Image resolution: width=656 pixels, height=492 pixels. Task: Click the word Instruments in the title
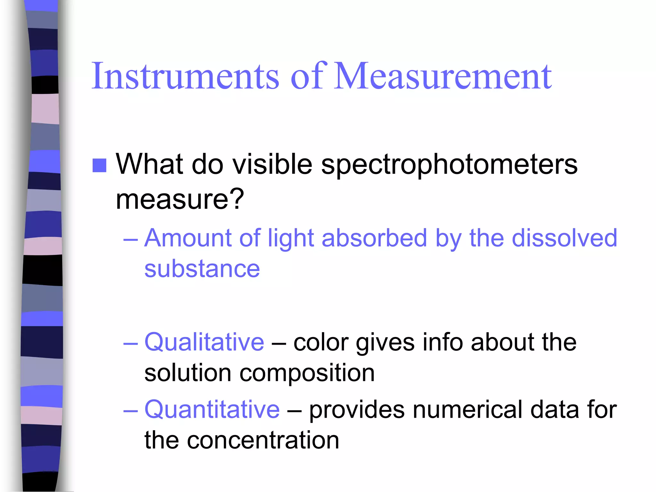[185, 76]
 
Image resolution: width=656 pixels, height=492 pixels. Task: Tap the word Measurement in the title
[443, 76]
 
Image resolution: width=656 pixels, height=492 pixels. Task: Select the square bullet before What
[99, 165]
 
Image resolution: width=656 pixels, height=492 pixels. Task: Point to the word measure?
[180, 199]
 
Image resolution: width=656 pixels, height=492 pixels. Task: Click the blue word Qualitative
[204, 342]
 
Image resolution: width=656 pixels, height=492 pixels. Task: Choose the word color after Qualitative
[321, 342]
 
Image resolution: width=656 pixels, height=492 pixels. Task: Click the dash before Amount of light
[130, 239]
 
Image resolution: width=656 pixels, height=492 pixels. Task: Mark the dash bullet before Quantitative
[130, 410]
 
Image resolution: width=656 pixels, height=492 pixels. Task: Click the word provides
[357, 410]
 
